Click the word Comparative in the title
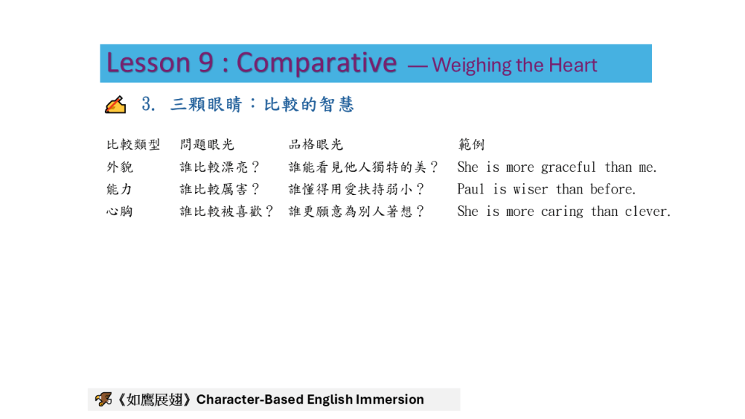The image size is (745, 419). (316, 63)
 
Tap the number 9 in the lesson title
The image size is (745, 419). (206, 63)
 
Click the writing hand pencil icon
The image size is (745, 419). (116, 105)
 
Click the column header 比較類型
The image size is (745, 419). (133, 145)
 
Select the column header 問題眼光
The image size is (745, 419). (207, 145)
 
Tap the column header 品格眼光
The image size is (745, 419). (316, 145)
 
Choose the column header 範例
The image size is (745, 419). (471, 145)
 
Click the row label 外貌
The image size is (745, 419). (120, 167)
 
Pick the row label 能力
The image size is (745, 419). (119, 189)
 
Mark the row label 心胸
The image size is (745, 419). (119, 212)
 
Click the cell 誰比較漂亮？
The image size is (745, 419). (220, 167)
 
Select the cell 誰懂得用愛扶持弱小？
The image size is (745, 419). (356, 189)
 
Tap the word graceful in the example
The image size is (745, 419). (568, 167)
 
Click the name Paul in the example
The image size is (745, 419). (471, 189)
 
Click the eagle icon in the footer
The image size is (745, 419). (103, 399)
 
